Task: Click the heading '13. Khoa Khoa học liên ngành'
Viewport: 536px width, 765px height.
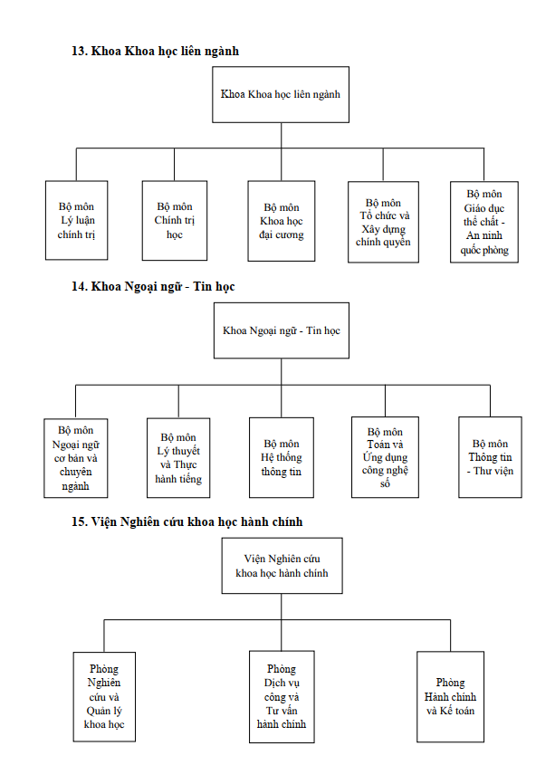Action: click(155, 52)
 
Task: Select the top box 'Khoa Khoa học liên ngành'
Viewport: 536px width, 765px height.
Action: click(281, 95)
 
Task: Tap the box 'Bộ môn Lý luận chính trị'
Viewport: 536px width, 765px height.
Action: click(77, 221)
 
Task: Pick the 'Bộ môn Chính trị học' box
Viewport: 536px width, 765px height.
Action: click(175, 221)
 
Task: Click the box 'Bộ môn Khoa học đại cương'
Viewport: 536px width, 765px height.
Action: click(282, 221)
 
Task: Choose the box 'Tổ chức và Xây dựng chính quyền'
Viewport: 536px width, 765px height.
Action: click(383, 222)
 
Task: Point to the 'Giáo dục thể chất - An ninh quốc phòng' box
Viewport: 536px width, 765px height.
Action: click(484, 222)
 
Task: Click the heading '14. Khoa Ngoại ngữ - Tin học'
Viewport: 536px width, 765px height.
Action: click(153, 286)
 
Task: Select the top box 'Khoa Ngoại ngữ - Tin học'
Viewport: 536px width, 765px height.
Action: click(282, 330)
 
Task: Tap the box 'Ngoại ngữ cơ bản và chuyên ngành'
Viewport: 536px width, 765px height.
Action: click(75, 458)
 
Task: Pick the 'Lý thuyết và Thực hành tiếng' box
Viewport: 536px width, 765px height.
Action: click(178, 457)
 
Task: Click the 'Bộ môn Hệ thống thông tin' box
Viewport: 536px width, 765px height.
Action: click(282, 457)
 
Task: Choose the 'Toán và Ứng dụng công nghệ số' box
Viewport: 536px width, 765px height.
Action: click(386, 457)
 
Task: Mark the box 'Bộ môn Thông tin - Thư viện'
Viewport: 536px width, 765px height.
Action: click(490, 457)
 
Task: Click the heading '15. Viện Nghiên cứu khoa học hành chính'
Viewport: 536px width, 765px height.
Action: click(187, 522)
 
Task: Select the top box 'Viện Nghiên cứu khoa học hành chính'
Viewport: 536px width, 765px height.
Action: click(282, 566)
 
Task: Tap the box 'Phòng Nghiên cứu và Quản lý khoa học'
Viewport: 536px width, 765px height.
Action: click(104, 697)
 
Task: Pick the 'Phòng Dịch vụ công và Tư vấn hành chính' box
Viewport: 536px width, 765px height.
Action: click(282, 697)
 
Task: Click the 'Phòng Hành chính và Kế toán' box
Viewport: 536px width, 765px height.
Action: click(451, 697)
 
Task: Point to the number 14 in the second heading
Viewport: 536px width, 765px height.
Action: click(79, 286)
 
